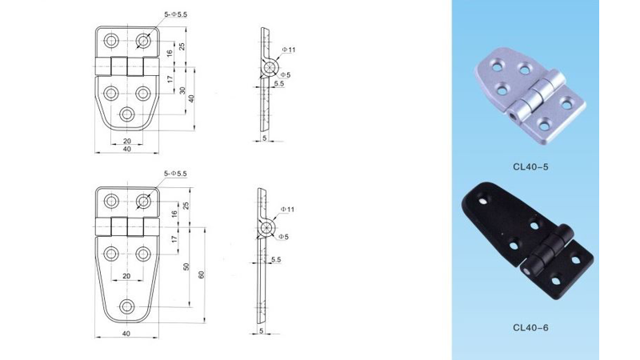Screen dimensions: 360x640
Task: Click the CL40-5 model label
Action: [530, 167]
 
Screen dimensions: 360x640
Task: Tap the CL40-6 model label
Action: [530, 326]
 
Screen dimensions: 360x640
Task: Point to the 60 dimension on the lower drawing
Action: [202, 274]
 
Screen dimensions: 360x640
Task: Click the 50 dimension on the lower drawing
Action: [186, 266]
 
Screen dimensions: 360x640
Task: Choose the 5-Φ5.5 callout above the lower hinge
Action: [174, 174]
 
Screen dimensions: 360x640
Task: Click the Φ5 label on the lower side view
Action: [285, 236]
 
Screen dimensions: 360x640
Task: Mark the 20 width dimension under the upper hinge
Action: [126, 141]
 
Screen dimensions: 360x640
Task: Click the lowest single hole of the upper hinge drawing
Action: [126, 114]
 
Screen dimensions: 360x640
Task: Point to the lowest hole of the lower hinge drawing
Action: [126, 306]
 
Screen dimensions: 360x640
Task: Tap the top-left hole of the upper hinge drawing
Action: [110, 40]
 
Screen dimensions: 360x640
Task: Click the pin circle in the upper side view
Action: [266, 67]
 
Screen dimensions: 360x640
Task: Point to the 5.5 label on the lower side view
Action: [275, 260]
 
